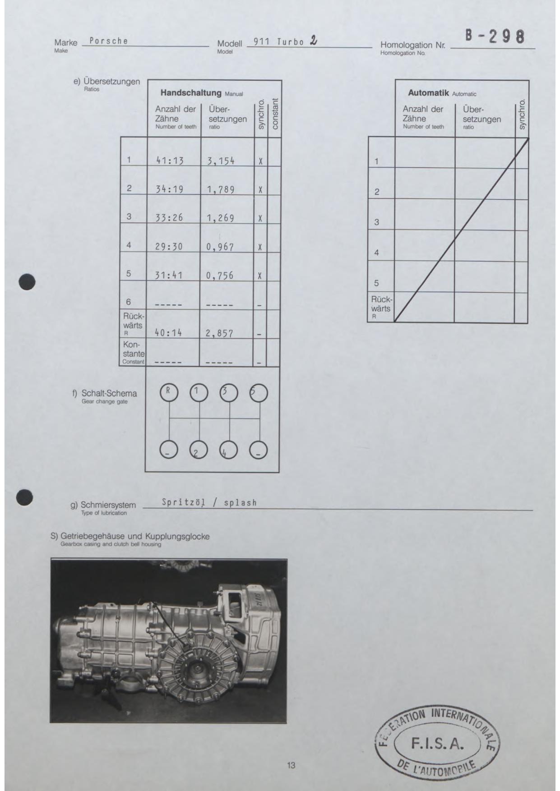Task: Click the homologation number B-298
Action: pyautogui.click(x=495, y=37)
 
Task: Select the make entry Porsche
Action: pyautogui.click(x=109, y=41)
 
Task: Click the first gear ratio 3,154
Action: pyautogui.click(x=221, y=161)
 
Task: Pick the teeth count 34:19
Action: pyautogui.click(x=169, y=189)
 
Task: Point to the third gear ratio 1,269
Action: pyautogui.click(x=221, y=218)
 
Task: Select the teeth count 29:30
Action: pyautogui.click(x=169, y=247)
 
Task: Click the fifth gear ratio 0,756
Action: pyautogui.click(x=220, y=276)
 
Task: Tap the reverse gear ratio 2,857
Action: pyautogui.click(x=220, y=334)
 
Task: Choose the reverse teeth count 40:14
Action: pyautogui.click(x=169, y=333)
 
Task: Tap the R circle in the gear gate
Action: pyautogui.click(x=169, y=393)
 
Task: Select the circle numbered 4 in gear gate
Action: pyautogui.click(x=228, y=450)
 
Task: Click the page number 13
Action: pyautogui.click(x=291, y=765)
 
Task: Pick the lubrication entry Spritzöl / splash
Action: pyautogui.click(x=209, y=502)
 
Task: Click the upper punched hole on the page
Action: pyautogui.click(x=27, y=282)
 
